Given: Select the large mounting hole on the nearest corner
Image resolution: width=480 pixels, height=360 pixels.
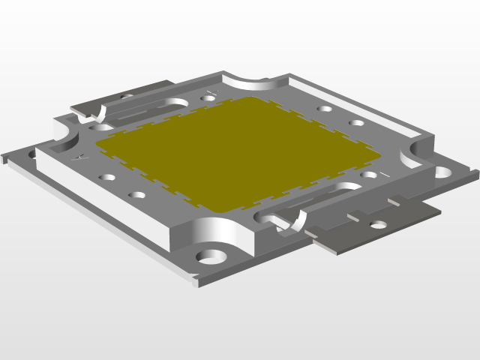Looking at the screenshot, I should click(211, 256).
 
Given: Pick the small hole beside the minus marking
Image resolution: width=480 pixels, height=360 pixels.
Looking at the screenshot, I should click(368, 175).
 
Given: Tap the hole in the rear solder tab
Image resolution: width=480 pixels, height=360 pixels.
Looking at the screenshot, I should click(126, 97).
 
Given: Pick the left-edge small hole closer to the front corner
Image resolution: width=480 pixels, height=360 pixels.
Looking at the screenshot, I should click(137, 195).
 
